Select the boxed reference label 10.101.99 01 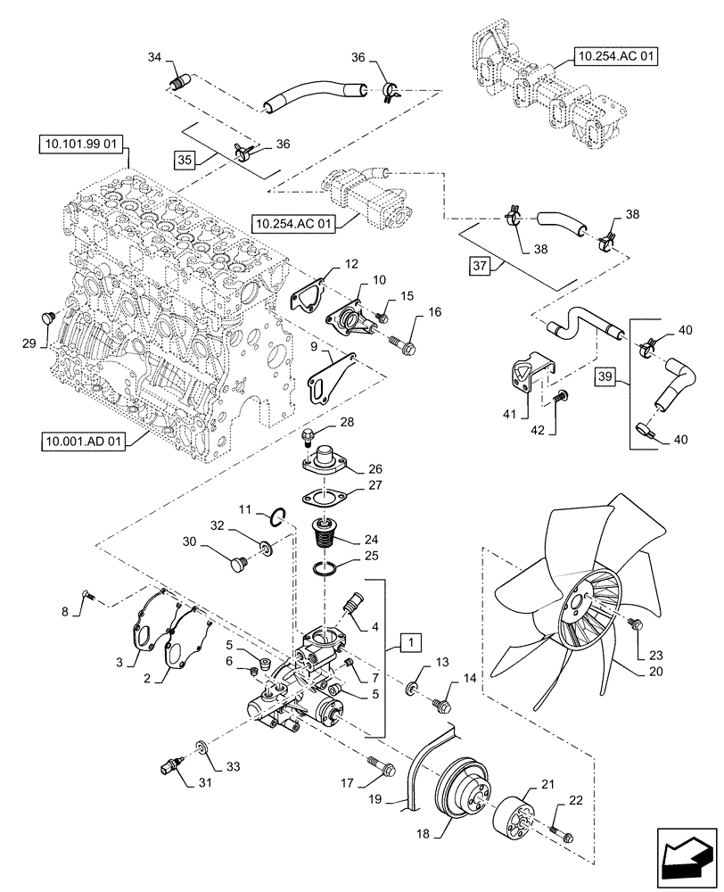83,142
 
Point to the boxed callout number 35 185,160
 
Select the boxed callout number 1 409,641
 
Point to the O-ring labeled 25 331,569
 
